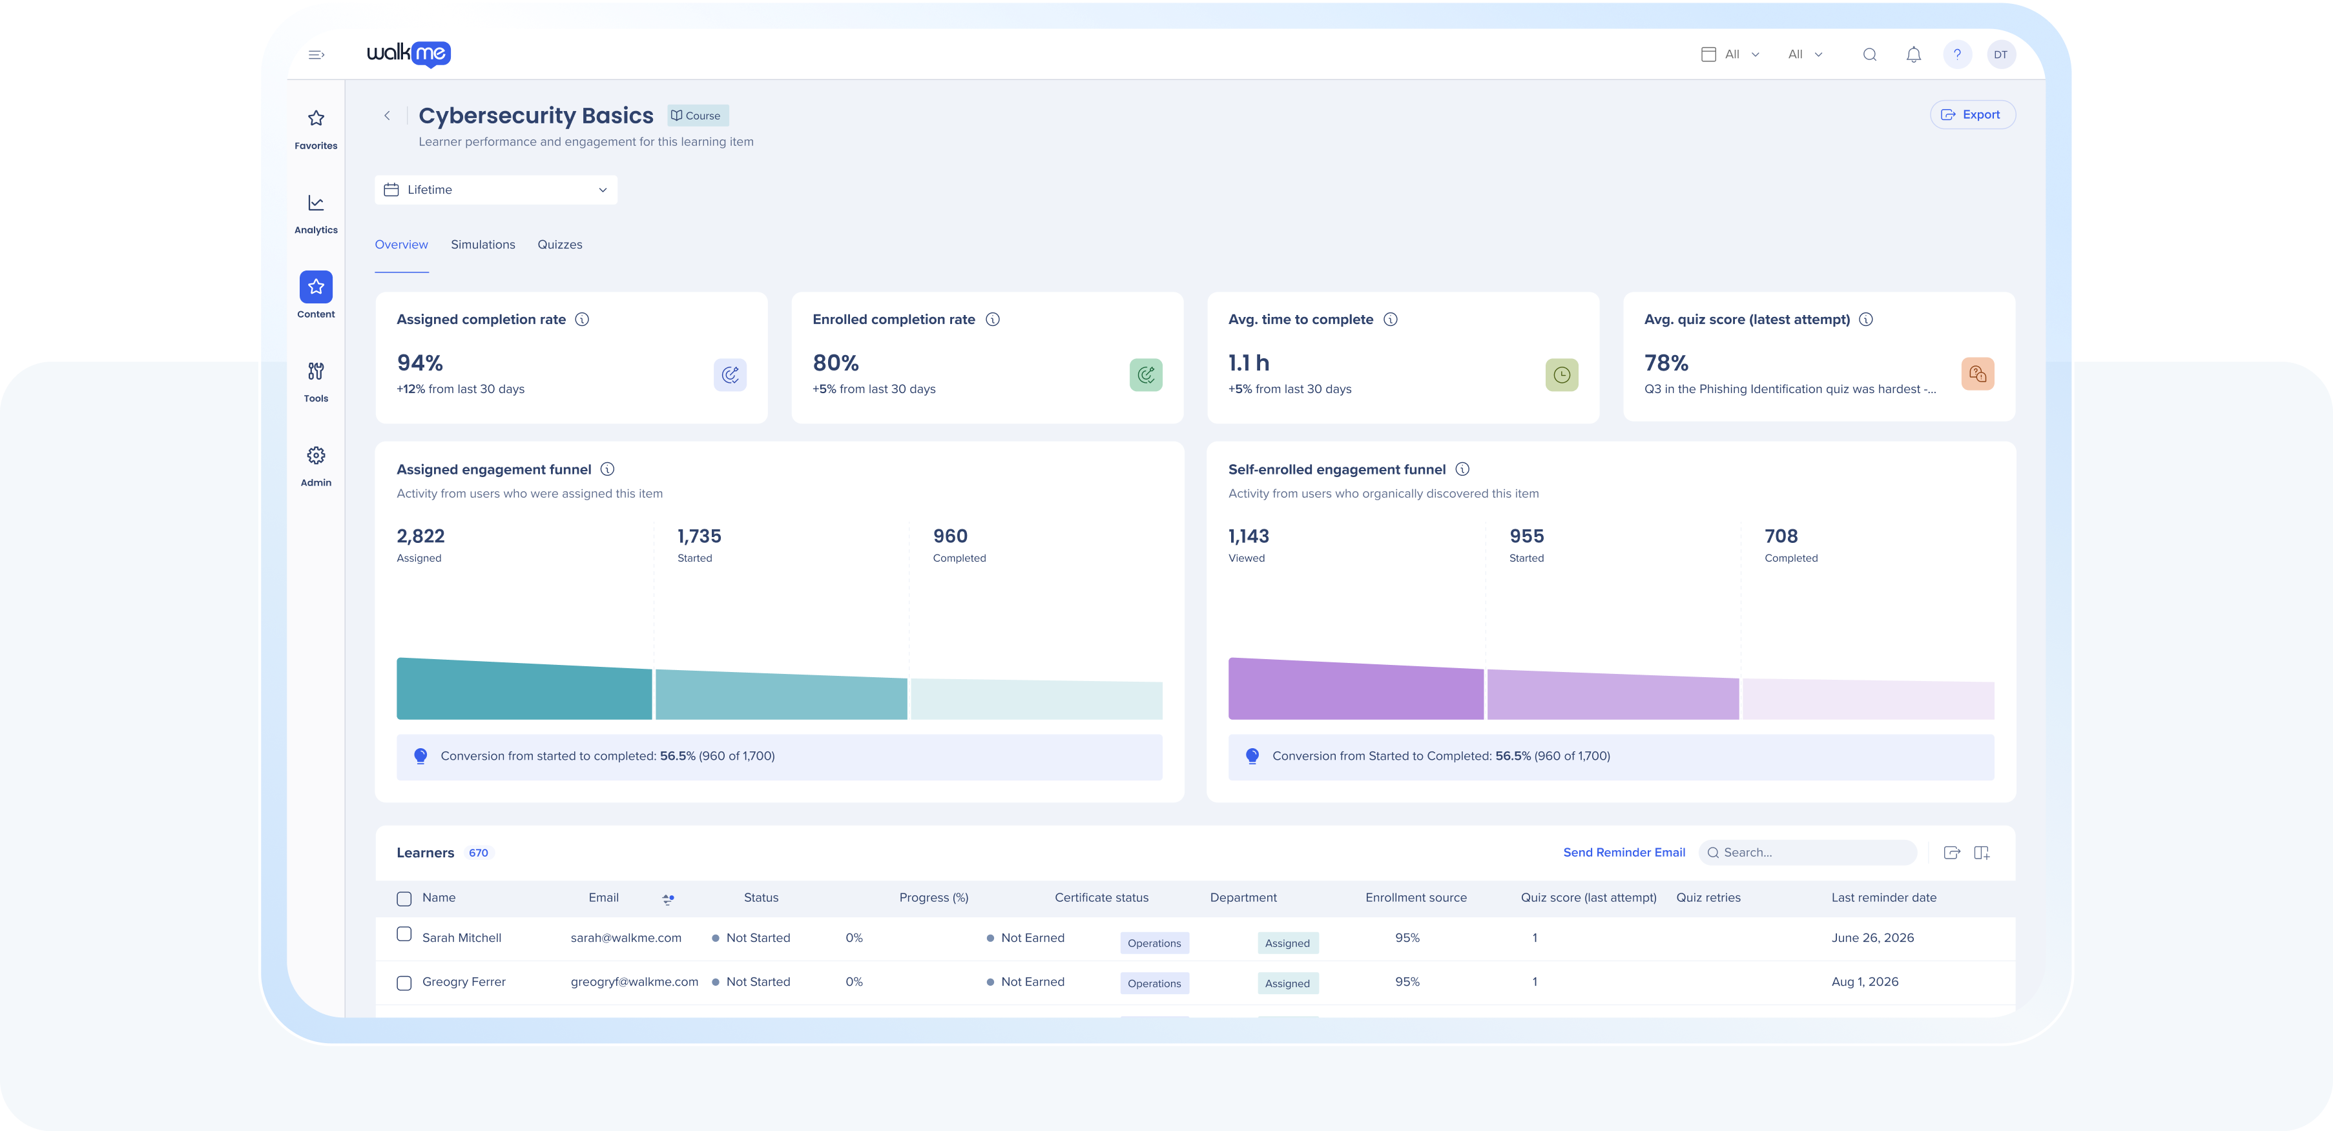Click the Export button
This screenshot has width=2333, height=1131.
tap(1972, 115)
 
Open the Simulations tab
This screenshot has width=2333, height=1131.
tap(482, 245)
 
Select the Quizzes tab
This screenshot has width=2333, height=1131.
tap(560, 245)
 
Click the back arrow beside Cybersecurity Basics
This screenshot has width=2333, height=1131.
tap(387, 116)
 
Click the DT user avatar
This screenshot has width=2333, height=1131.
tap(2000, 54)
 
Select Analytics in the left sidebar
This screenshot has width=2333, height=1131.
tap(316, 214)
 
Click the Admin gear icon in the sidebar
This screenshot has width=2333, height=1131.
tap(316, 456)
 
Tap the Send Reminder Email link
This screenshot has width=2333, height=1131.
tap(1624, 852)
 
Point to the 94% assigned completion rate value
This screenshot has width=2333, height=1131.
tap(419, 363)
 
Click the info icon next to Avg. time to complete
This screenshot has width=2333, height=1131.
tap(1390, 320)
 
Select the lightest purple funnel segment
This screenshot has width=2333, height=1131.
tap(1869, 699)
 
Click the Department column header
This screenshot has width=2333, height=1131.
tap(1243, 897)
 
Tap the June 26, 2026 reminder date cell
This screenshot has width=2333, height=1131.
tap(1872, 938)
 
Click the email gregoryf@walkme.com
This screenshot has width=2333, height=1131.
tap(634, 982)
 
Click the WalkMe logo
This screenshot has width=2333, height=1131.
tap(408, 54)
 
